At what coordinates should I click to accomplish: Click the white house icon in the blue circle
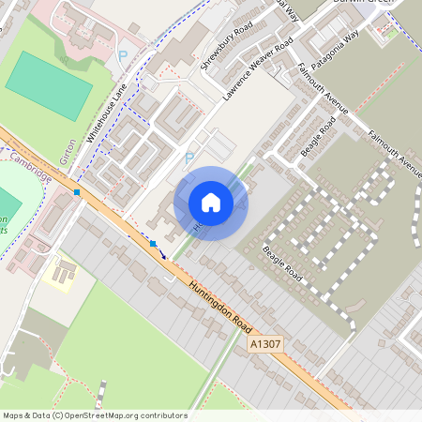tap(211, 202)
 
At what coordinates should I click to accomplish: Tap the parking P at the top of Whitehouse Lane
tap(122, 56)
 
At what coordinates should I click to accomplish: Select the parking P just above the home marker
tap(188, 158)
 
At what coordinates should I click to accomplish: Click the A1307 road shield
tap(264, 346)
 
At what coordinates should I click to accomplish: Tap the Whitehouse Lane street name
tap(107, 112)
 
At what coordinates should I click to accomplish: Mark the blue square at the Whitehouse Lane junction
tap(78, 192)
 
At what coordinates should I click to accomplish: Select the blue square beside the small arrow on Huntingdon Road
tap(153, 244)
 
